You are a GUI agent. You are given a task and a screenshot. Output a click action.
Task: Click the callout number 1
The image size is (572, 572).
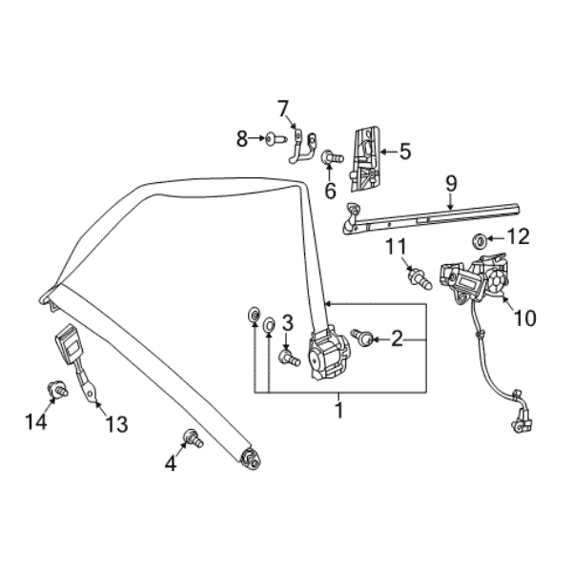[337, 411]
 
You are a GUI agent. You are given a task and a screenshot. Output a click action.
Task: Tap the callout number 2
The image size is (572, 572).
[398, 337]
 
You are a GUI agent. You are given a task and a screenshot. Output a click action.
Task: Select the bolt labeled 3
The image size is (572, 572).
[288, 357]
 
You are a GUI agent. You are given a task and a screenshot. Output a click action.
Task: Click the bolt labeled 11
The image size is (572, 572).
[417, 279]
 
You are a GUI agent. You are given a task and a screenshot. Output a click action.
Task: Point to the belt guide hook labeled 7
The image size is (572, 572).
[301, 144]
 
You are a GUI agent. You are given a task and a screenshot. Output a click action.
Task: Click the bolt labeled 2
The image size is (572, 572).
[361, 337]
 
